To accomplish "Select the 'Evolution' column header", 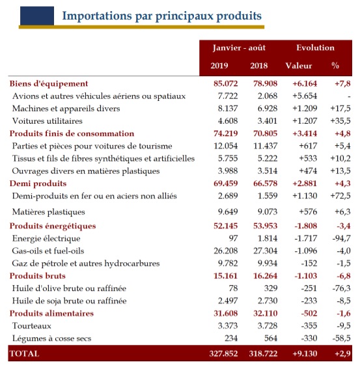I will tap(315, 48).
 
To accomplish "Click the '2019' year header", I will tap(219, 66).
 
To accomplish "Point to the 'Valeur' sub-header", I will tap(299, 66).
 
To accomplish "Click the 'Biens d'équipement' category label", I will tap(49, 83).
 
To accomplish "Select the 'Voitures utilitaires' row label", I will tap(48, 121).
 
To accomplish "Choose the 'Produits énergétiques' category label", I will tap(53, 226).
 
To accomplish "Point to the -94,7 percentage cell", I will tap(340, 238).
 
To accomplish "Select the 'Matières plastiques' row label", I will tap(49, 212).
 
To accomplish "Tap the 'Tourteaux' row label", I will tap(32, 325).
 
